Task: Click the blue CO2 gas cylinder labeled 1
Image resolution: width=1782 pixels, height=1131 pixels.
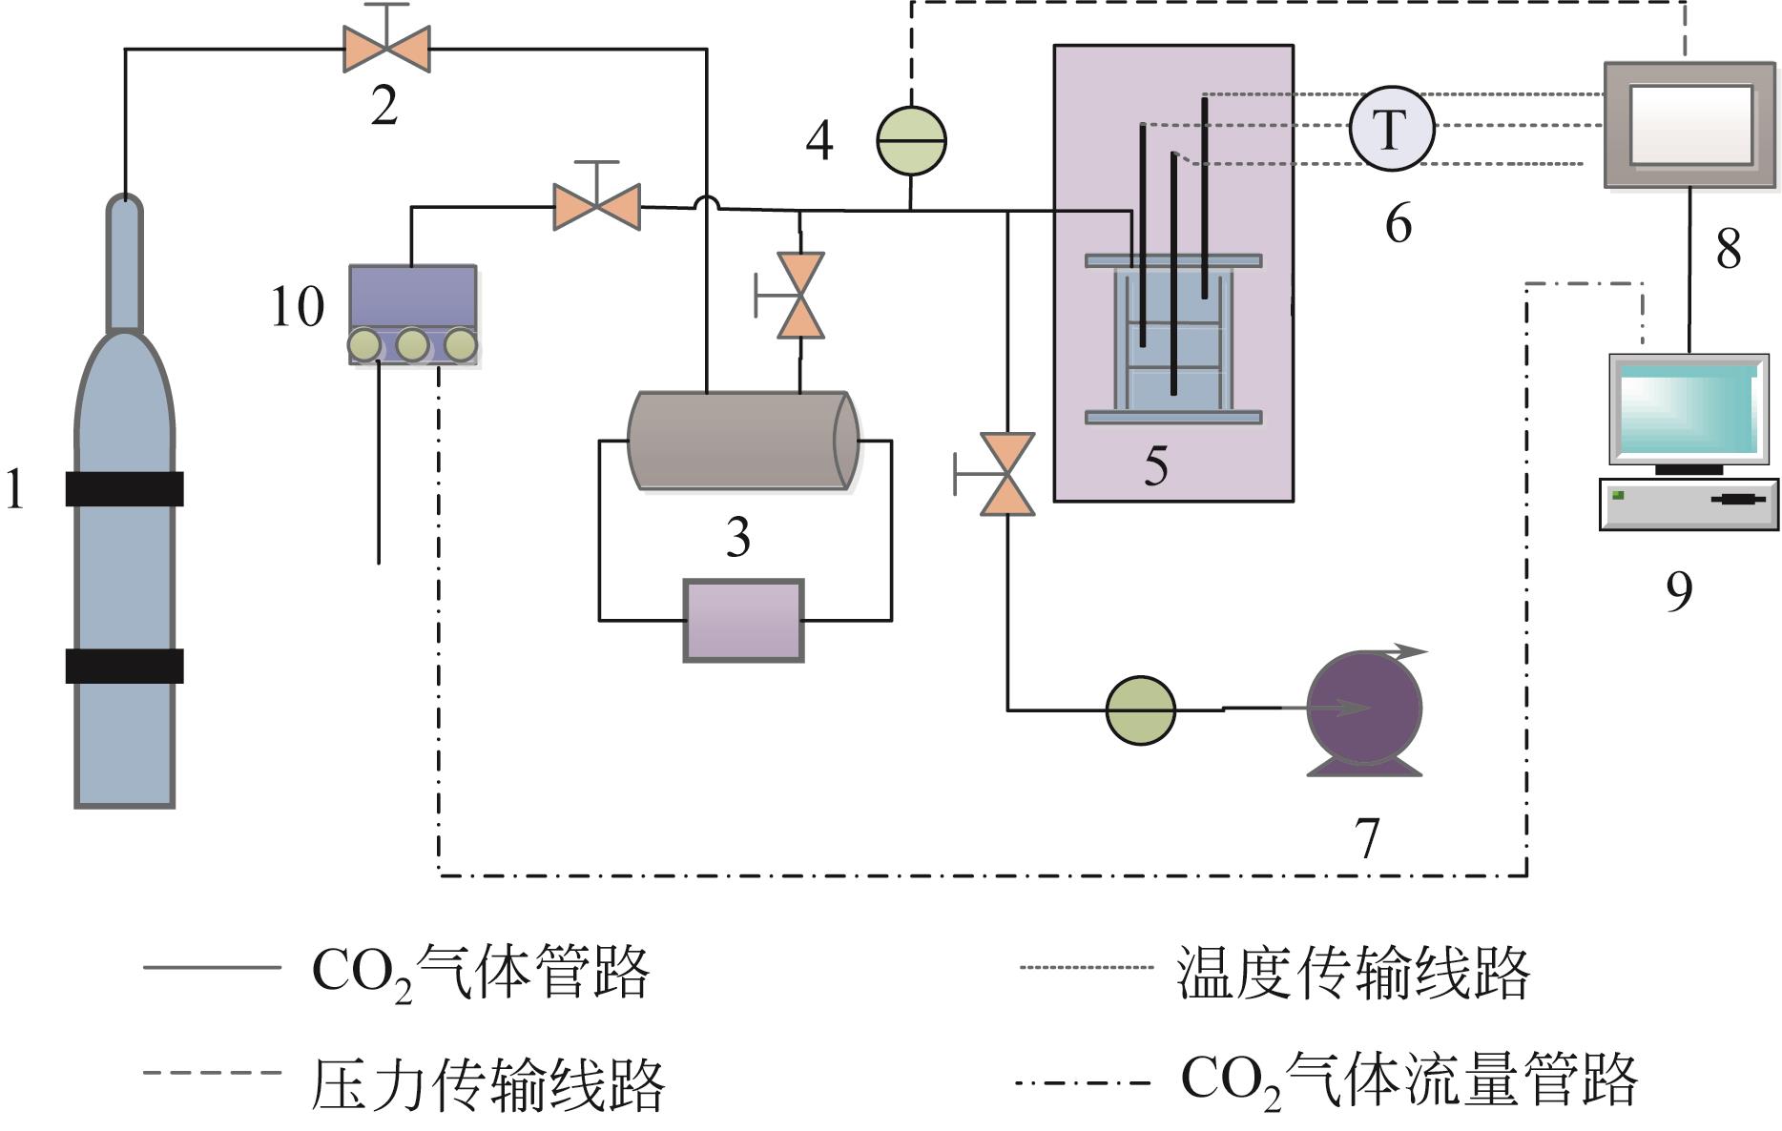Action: [124, 572]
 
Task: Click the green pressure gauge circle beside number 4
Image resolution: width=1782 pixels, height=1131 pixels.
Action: [911, 140]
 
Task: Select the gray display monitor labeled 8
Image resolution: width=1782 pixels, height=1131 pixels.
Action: [1690, 124]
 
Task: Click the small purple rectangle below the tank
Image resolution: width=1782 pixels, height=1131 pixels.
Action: [743, 620]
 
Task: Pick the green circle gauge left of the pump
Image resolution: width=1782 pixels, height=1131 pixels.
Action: [1140, 710]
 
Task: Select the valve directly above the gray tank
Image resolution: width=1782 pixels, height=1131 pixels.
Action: [799, 296]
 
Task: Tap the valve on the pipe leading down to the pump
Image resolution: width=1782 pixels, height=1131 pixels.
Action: [1007, 474]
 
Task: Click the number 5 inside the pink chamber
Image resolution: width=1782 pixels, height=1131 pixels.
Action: [1155, 466]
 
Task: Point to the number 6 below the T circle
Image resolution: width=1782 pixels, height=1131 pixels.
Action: [1398, 223]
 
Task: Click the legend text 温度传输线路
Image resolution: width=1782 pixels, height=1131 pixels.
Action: [1353, 973]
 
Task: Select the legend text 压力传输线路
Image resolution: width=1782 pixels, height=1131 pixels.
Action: [487, 1084]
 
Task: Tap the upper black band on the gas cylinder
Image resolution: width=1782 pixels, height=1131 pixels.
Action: [124, 488]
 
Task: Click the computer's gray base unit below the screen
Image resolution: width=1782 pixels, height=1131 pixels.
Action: [1689, 504]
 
